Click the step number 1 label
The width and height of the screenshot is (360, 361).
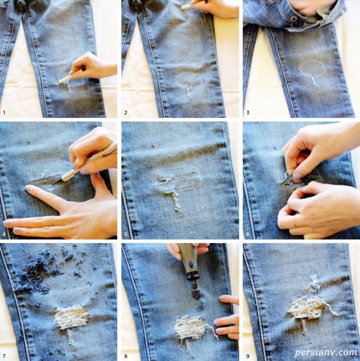click(x=4, y=113)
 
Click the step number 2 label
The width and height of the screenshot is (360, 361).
click(x=126, y=113)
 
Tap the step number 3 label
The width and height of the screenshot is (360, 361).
click(x=248, y=113)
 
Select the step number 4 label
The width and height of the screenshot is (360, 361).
click(x=4, y=235)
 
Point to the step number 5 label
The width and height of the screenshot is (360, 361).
click(x=126, y=235)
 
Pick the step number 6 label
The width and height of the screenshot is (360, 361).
click(x=248, y=235)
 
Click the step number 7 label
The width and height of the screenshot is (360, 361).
click(x=4, y=356)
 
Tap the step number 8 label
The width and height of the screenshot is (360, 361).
click(x=126, y=356)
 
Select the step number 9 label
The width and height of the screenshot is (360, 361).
click(x=248, y=356)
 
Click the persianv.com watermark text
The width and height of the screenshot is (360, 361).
click(x=326, y=352)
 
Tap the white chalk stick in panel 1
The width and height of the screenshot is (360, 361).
click(x=65, y=79)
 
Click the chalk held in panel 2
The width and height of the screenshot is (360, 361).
click(x=187, y=6)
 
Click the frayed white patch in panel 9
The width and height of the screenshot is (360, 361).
click(x=306, y=308)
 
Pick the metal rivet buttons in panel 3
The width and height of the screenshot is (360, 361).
click(x=294, y=19)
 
